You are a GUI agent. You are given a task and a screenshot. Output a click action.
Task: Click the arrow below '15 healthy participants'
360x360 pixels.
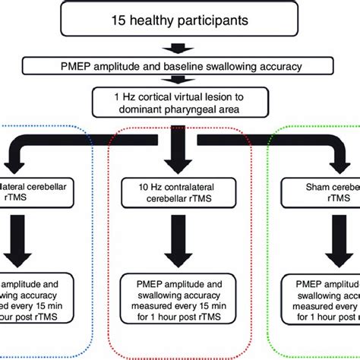(x=179, y=48)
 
